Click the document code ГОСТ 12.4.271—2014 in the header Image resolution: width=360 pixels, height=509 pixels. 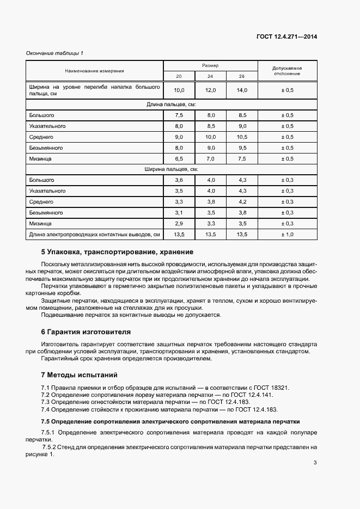286,36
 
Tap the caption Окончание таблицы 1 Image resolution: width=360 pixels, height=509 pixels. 55,53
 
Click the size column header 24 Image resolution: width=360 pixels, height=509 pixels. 210,76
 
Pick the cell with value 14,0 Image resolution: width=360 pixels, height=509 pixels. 242,90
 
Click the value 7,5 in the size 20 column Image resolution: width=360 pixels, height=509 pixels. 179,115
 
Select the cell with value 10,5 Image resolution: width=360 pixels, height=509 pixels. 242,137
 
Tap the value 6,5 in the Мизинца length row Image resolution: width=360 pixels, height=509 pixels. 179,158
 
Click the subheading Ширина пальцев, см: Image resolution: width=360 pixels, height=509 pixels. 171,169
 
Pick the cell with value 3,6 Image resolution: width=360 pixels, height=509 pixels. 179,180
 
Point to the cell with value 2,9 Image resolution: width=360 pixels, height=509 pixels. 179,223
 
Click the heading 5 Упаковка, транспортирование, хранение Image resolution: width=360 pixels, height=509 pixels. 117,252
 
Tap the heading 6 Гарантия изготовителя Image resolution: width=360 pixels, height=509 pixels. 86,332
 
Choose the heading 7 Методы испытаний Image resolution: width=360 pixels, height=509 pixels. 79,375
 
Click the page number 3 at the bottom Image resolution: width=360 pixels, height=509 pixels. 315,463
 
